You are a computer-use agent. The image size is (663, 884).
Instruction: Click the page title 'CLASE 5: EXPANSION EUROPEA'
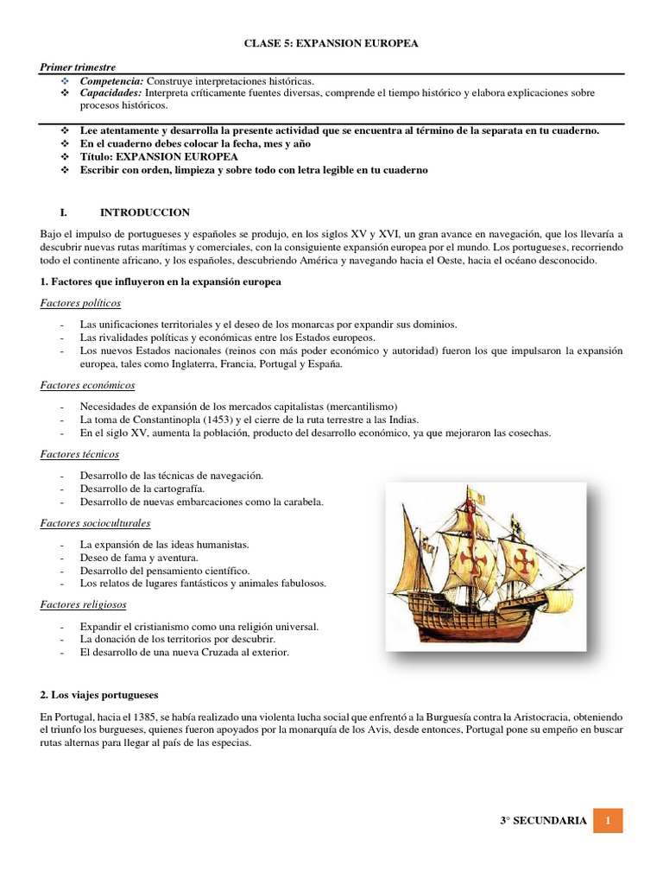(331, 44)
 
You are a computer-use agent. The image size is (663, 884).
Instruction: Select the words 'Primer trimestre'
(78, 67)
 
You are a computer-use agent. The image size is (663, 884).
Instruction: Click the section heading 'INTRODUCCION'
(145, 212)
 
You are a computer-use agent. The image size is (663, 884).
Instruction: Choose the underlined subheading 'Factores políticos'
(80, 303)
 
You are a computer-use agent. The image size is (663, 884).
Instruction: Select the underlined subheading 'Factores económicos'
(87, 385)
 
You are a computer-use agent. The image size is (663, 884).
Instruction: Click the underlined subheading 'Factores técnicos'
(79, 453)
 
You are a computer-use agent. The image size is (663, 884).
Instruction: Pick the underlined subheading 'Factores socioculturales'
(95, 522)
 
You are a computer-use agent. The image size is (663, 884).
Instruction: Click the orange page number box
(608, 820)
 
